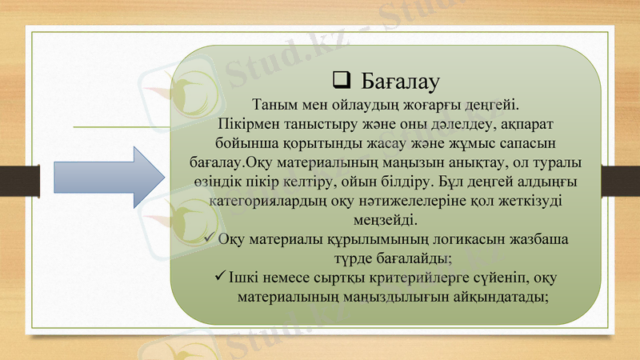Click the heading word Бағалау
coord(402,82)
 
